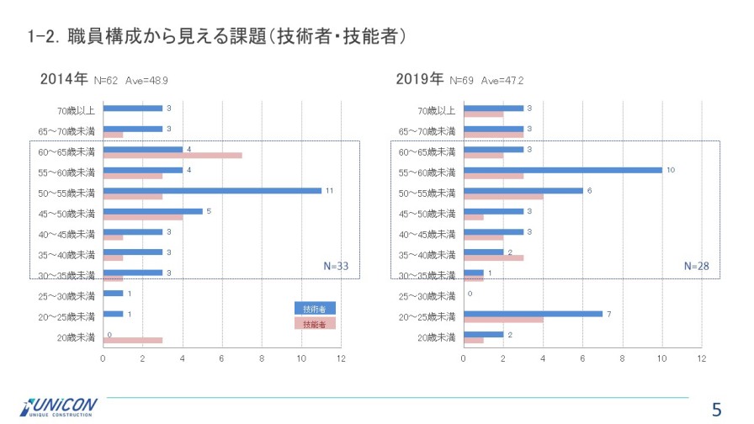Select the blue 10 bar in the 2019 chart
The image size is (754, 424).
click(x=562, y=170)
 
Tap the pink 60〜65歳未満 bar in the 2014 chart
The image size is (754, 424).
click(x=173, y=156)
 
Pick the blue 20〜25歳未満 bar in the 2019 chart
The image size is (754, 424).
click(x=533, y=314)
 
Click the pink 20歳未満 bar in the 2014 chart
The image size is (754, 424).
click(x=133, y=340)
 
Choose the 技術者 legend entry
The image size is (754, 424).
click(x=315, y=309)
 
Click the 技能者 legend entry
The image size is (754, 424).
click(x=315, y=323)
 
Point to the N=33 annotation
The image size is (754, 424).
click(x=336, y=266)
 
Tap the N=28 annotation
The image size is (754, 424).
click(x=696, y=266)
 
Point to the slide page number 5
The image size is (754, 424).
click(x=717, y=410)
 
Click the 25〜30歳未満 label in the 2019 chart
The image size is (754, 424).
click(x=427, y=296)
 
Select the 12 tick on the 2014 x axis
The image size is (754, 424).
click(x=341, y=358)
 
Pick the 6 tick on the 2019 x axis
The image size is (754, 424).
click(x=582, y=358)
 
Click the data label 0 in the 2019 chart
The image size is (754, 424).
click(x=470, y=294)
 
